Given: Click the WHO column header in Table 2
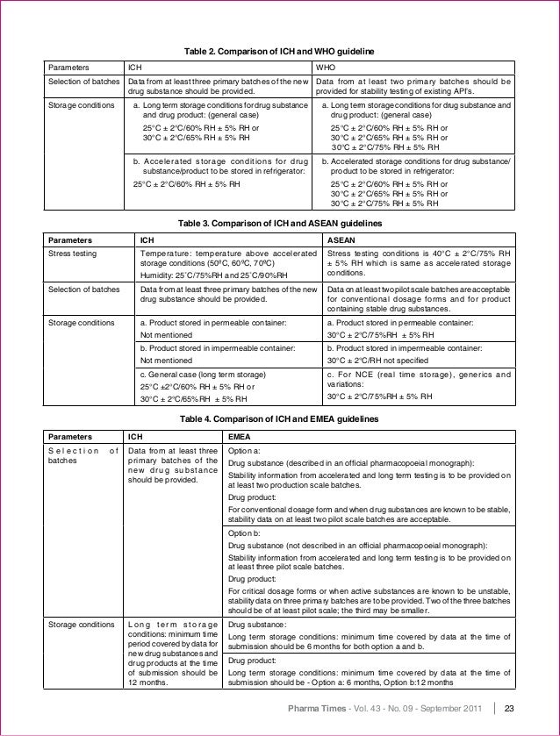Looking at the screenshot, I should coord(324,66).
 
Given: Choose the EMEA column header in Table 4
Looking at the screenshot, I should coord(239,436).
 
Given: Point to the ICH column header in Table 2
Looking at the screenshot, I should coord(136,66).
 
